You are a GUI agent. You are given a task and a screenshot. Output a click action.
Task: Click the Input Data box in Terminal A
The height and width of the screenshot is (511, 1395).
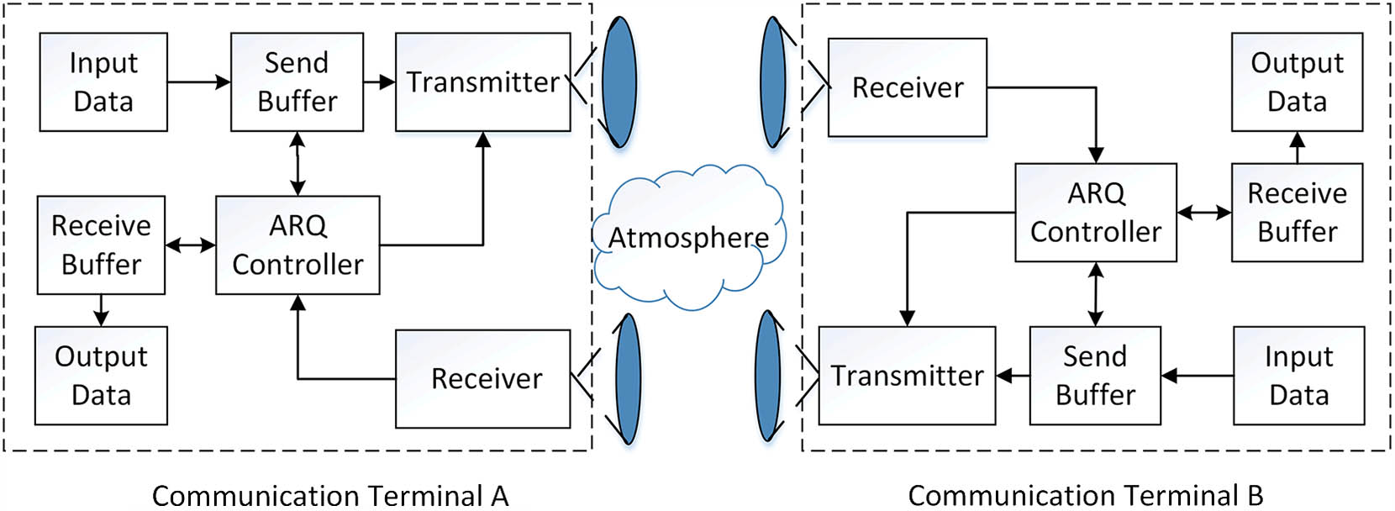(x=103, y=82)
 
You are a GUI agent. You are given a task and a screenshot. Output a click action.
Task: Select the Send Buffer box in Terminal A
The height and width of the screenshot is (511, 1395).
(x=297, y=82)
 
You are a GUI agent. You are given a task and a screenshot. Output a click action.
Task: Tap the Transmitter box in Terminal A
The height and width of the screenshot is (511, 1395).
(x=482, y=82)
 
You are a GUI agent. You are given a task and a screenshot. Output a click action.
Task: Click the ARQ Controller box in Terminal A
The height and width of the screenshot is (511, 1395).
(x=297, y=245)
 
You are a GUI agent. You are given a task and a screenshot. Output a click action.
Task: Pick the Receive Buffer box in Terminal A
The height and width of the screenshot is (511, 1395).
(x=101, y=245)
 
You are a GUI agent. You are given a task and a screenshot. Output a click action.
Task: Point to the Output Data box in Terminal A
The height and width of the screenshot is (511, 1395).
(x=101, y=376)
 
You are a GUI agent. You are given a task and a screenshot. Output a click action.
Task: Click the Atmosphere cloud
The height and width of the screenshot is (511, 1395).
(x=688, y=239)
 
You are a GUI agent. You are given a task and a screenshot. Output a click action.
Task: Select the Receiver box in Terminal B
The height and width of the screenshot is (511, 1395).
(x=907, y=87)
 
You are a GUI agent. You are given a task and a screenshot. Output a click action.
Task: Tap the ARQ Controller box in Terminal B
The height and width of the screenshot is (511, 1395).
(x=1095, y=213)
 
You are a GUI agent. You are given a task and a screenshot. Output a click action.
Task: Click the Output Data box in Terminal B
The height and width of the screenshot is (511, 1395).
(x=1297, y=82)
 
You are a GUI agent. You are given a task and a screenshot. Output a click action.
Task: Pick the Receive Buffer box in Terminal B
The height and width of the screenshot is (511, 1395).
(x=1297, y=213)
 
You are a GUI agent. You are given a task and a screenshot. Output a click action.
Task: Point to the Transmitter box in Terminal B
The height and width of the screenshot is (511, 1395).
(x=907, y=376)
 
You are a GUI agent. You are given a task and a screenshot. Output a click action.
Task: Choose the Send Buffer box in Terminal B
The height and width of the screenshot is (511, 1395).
(x=1095, y=376)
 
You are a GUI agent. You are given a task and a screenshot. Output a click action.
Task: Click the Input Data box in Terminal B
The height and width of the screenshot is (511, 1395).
(x=1298, y=376)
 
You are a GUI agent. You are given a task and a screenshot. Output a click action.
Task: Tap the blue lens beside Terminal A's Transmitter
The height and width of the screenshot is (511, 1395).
(x=619, y=82)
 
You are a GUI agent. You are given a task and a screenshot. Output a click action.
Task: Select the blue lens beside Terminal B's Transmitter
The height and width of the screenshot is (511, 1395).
(x=769, y=376)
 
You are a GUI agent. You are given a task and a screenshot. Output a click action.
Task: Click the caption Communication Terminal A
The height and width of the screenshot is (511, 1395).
(x=330, y=496)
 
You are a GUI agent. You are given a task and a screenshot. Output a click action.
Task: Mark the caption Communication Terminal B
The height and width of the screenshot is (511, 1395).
(x=1085, y=496)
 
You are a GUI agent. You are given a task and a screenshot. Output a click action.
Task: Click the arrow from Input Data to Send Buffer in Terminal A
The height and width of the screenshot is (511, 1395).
(x=198, y=82)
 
